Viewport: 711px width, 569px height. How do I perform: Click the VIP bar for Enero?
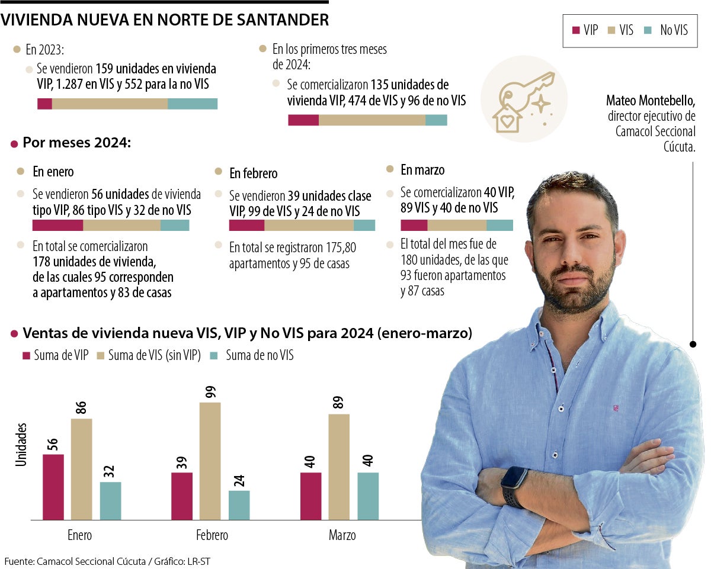(53, 487)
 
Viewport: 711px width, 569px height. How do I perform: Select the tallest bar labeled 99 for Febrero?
(210, 461)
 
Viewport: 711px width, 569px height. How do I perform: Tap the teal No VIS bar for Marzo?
(368, 496)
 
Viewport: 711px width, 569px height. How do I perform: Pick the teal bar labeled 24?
(239, 504)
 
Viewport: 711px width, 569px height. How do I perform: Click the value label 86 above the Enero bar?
(81, 407)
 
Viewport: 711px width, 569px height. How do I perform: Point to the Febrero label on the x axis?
(212, 535)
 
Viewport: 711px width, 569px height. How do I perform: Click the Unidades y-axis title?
(22, 444)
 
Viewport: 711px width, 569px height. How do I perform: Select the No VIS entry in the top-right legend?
(673, 30)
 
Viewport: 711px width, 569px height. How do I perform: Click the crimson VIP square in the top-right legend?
(576, 30)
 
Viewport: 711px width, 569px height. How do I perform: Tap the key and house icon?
(523, 99)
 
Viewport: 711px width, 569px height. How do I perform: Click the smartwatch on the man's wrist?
(514, 486)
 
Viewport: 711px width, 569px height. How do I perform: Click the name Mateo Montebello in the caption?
(651, 101)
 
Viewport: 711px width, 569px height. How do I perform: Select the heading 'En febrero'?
(253, 173)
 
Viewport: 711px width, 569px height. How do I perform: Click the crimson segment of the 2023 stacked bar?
(44, 104)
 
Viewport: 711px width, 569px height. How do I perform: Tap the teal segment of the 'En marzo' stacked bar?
(499, 225)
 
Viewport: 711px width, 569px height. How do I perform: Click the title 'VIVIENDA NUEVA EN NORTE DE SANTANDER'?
(165, 20)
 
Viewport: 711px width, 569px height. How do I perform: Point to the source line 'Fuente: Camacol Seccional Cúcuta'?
(75, 561)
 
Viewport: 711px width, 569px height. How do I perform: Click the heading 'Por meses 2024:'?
(76, 143)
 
